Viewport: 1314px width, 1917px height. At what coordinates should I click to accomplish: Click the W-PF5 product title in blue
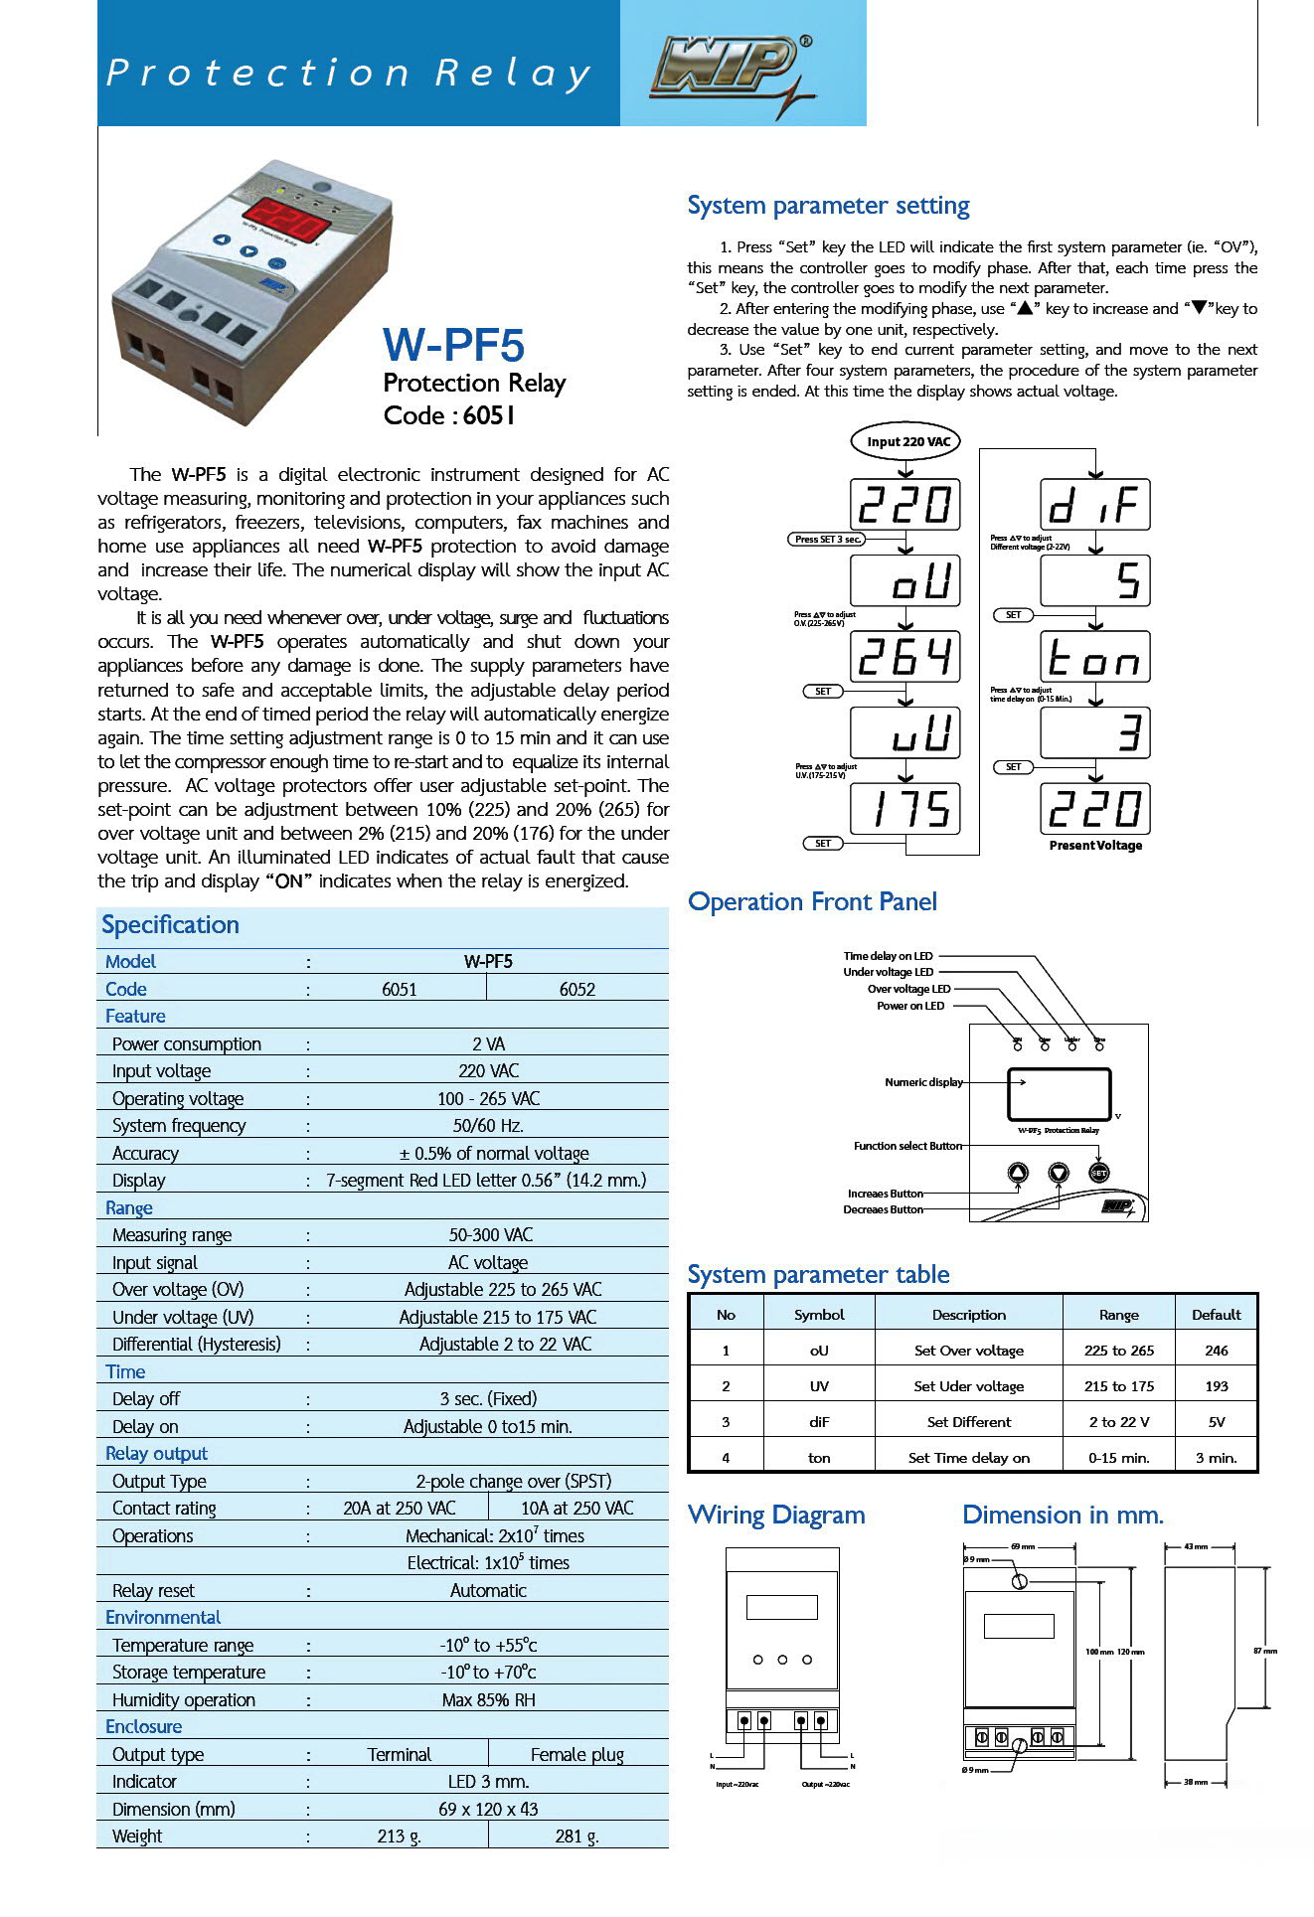click(453, 345)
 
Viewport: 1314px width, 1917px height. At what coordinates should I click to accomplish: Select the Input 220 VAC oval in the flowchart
click(907, 441)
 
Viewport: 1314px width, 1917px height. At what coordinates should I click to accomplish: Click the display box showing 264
click(904, 657)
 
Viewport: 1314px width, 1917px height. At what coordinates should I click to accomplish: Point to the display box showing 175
click(904, 809)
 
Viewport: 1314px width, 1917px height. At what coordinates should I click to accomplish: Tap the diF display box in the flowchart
click(1094, 505)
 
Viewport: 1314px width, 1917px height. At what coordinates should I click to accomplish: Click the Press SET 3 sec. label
click(827, 539)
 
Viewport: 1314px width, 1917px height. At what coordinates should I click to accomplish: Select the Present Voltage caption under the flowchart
click(1095, 846)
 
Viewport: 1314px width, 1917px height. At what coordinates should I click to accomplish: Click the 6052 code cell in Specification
click(576, 989)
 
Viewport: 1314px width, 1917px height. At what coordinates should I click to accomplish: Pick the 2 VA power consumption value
click(488, 1043)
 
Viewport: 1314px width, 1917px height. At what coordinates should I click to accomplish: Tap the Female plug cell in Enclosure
click(576, 1754)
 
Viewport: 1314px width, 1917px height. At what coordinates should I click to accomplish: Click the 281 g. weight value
click(576, 1836)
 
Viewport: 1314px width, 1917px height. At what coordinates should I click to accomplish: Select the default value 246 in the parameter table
click(1216, 1351)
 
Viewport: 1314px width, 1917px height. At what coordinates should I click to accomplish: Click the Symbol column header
click(819, 1315)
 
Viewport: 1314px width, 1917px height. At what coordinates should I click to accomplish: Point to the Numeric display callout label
click(923, 1082)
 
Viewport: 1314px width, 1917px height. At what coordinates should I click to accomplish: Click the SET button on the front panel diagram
click(1098, 1173)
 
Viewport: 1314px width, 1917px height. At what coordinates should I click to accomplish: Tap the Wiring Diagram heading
click(776, 1515)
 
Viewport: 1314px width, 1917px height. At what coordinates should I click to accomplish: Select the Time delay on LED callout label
click(888, 956)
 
